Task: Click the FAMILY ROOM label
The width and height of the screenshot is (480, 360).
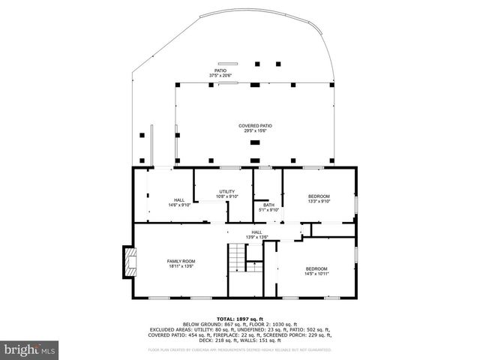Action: [181, 260]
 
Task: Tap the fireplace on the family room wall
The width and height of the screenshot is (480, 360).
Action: [130, 262]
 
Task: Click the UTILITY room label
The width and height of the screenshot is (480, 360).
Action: [227, 191]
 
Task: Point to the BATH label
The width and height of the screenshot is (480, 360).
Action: [267, 205]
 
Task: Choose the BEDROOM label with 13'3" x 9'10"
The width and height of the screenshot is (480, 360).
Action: [319, 196]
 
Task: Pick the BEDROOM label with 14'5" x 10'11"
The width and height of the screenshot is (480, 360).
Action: [316, 268]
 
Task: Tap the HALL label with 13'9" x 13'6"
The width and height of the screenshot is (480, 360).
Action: [256, 232]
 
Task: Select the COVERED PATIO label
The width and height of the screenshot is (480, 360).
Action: [255, 125]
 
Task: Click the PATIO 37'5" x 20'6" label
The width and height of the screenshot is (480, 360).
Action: [220, 70]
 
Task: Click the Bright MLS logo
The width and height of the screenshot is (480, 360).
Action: [30, 349]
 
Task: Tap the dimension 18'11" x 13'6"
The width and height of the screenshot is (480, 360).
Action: [181, 265]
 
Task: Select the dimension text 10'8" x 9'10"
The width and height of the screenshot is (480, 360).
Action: [227, 196]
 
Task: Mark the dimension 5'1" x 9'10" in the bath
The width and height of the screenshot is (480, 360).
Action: [267, 210]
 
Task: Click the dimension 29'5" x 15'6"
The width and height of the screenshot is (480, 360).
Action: [255, 131]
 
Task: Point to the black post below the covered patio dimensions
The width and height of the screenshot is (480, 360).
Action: [255, 140]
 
